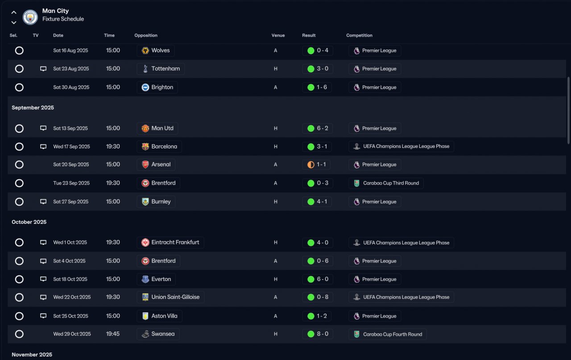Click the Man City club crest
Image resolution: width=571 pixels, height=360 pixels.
[x=30, y=17]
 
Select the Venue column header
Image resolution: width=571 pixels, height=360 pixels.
[x=278, y=35]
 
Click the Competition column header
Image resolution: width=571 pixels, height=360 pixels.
[x=359, y=35]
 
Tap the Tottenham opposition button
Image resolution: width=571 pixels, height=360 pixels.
[x=161, y=69]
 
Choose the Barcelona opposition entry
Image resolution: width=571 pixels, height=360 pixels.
[x=159, y=146]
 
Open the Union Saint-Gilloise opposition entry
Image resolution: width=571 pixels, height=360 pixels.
[x=170, y=297]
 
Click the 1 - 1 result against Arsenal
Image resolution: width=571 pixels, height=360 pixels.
[x=317, y=165]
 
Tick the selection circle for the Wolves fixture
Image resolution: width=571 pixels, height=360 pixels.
[x=19, y=50]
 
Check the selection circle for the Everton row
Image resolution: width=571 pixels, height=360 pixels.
[x=19, y=279]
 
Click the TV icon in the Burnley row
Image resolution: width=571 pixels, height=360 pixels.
[x=43, y=202]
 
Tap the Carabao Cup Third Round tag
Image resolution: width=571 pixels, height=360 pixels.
[x=386, y=183]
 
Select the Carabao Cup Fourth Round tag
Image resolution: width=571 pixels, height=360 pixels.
[x=387, y=334]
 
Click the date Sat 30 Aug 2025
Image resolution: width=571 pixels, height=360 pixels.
[x=71, y=87]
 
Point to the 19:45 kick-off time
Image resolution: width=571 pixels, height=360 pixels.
[x=113, y=334]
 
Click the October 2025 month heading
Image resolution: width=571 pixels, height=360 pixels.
[x=29, y=222]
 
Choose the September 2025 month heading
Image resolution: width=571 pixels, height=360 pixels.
[x=33, y=108]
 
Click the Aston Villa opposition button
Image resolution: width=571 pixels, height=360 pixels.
[x=159, y=316]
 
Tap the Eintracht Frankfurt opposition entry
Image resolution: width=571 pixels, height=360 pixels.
[x=170, y=243]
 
